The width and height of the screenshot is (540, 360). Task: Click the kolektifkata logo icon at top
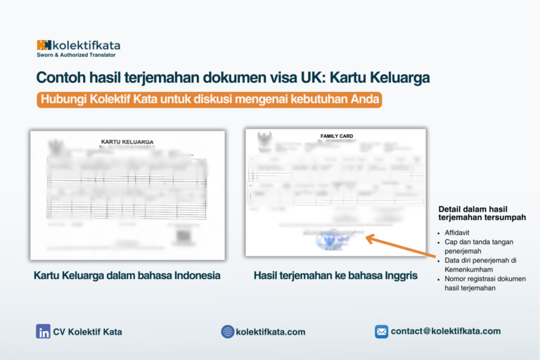point(44,45)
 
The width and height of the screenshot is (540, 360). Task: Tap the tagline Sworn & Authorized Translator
point(76,55)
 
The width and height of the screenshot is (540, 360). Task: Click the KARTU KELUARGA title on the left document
point(127,142)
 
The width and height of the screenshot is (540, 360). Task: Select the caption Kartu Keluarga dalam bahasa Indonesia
point(127,276)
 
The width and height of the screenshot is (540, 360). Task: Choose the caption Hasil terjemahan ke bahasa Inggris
point(335,276)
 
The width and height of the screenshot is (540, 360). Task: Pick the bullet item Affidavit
point(458,231)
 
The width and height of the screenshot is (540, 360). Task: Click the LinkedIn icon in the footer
point(43,332)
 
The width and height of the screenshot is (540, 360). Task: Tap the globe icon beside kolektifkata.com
point(227,332)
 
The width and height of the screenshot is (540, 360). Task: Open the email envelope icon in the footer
point(381,331)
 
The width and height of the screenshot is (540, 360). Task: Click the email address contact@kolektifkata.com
point(446,331)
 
